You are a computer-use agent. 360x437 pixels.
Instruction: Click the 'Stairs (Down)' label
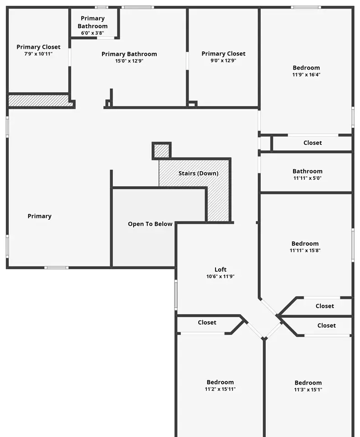(198, 173)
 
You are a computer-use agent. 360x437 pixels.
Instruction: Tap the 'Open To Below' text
(150, 224)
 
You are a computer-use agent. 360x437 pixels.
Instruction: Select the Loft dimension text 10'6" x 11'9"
(221, 276)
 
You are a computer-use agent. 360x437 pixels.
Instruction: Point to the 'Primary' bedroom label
(40, 216)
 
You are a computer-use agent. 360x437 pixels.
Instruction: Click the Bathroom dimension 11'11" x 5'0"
(308, 178)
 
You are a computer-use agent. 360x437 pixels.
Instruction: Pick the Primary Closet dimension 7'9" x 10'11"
(39, 54)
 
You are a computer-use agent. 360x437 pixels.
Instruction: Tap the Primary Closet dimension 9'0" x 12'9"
(224, 61)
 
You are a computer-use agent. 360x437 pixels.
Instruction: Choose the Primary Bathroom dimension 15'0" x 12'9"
(129, 61)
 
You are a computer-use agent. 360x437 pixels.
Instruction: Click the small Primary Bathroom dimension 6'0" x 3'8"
(93, 33)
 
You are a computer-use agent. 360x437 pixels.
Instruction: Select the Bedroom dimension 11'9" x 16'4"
(306, 75)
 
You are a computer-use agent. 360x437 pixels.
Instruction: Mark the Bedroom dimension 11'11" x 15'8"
(305, 250)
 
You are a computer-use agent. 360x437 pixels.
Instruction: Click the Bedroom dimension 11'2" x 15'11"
(220, 389)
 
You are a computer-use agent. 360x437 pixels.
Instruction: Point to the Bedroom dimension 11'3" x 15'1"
(308, 390)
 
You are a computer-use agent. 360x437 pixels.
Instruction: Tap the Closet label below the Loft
(207, 322)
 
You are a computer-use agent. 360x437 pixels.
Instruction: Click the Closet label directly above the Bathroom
(313, 142)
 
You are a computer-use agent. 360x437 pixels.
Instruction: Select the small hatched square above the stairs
(162, 151)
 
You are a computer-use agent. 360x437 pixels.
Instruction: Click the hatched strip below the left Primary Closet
(41, 101)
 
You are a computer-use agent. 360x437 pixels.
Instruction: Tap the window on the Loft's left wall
(176, 295)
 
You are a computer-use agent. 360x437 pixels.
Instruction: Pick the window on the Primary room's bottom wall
(57, 268)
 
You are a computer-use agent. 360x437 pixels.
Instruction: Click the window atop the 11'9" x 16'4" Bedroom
(306, 7)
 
